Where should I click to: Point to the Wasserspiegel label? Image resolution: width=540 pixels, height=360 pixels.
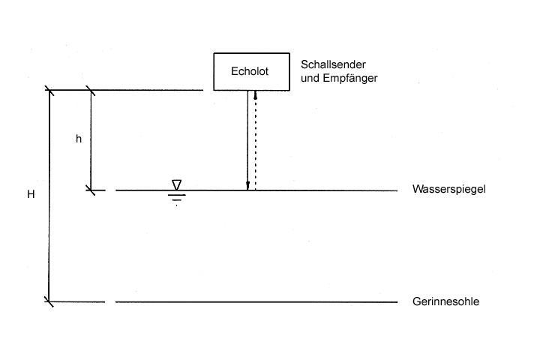[449, 190]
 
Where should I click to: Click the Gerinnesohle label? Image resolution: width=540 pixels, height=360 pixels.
[445, 301]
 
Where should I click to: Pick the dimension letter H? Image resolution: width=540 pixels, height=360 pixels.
[31, 195]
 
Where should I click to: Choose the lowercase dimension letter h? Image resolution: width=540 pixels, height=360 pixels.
[78, 139]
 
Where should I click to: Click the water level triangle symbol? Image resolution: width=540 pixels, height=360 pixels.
[176, 184]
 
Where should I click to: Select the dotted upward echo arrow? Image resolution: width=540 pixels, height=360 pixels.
[256, 142]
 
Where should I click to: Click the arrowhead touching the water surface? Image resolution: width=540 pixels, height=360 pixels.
[247, 186]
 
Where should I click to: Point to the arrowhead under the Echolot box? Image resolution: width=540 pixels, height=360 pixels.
[256, 94]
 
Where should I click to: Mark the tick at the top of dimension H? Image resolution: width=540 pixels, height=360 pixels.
[49, 91]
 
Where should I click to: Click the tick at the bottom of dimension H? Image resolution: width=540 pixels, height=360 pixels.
[49, 301]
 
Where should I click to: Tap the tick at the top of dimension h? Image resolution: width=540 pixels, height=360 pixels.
[91, 91]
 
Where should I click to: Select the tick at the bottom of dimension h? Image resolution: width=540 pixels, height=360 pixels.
[91, 190]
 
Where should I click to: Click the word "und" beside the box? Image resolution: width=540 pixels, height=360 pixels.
[308, 78]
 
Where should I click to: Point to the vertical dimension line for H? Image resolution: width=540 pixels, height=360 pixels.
[49, 225]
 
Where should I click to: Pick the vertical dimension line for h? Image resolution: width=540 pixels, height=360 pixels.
[91, 165]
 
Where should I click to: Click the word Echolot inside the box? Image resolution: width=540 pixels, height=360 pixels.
[249, 71]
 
